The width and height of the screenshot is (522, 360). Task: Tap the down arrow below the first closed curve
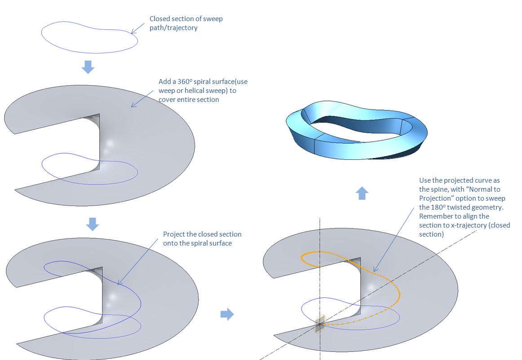[88, 67]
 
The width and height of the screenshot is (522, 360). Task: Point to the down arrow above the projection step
[93, 224]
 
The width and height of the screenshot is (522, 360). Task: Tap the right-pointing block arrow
[227, 314]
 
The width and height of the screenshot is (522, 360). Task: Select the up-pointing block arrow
[362, 193]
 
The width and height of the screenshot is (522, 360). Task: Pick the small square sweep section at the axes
[319, 323]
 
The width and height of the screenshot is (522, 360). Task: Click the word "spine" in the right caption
[439, 189]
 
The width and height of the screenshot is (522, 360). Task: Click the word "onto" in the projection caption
[170, 243]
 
